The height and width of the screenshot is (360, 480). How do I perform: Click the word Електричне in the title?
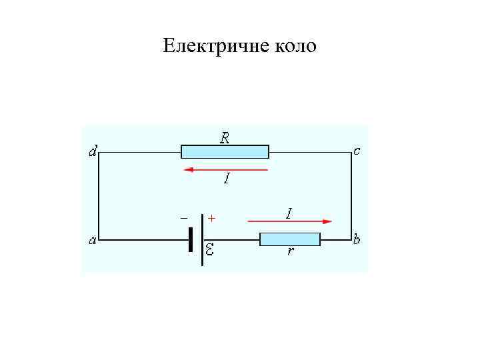[x=213, y=47]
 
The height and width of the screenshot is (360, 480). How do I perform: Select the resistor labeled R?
[x=225, y=152]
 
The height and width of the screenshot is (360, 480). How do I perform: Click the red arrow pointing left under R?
[x=225, y=170]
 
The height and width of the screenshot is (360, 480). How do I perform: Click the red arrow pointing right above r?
[x=289, y=221]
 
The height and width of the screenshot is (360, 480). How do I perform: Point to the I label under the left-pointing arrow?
[x=227, y=179]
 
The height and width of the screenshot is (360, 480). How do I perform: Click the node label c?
[x=357, y=151]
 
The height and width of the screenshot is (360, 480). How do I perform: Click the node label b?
[x=357, y=239]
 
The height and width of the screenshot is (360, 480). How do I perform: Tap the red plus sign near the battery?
[x=212, y=218]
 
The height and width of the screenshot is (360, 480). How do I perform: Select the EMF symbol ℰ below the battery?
[x=209, y=251]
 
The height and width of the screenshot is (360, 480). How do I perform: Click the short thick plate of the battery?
[x=191, y=239]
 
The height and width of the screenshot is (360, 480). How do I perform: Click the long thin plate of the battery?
[x=202, y=239]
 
